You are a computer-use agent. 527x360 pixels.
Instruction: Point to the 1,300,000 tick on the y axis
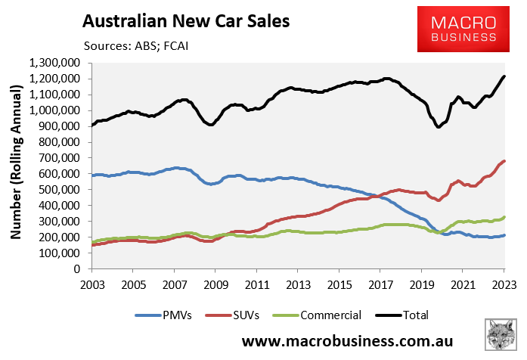click(57, 63)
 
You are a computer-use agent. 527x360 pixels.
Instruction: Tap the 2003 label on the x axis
click(91, 284)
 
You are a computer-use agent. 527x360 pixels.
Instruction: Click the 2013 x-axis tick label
click(298, 284)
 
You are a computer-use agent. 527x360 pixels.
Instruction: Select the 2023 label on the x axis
click(504, 284)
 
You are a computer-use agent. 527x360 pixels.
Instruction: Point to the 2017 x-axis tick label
click(380, 284)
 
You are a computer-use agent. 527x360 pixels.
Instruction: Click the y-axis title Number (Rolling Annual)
click(15, 165)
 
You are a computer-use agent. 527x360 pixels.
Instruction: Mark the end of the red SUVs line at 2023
click(505, 161)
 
